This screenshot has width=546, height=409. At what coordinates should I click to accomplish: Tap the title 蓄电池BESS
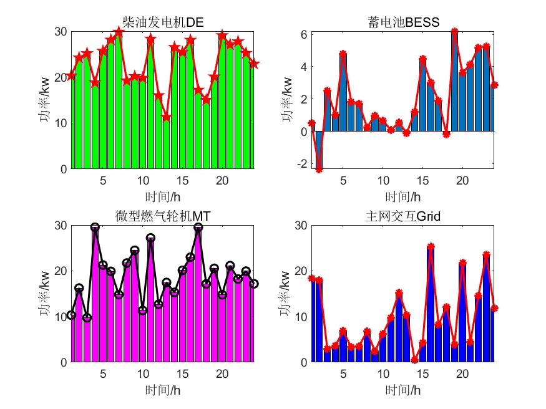(404, 23)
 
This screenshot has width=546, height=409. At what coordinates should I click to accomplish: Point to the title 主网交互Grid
(404, 216)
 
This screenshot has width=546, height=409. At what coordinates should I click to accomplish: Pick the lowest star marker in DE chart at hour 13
(166, 117)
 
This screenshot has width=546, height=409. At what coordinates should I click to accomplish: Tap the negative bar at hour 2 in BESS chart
(319, 150)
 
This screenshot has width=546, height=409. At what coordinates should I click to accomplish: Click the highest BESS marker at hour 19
(454, 31)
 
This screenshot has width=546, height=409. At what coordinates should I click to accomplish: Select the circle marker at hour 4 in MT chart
(95, 228)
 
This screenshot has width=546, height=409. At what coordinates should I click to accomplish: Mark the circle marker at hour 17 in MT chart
(198, 228)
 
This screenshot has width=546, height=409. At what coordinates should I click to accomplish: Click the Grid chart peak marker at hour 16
(431, 247)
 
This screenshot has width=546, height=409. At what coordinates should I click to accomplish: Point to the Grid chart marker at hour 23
(486, 255)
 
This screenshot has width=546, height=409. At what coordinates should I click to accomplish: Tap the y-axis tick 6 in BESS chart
(302, 34)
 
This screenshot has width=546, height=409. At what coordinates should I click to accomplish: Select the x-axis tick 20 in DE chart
(222, 180)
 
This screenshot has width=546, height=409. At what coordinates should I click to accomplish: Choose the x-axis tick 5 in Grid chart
(343, 373)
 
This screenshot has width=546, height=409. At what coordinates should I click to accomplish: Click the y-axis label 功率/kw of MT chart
(44, 293)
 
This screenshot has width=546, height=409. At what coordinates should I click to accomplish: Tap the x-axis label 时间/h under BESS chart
(404, 196)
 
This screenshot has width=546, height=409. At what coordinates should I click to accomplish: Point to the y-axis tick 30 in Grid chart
(300, 225)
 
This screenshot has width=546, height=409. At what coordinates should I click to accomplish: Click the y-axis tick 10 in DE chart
(61, 123)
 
